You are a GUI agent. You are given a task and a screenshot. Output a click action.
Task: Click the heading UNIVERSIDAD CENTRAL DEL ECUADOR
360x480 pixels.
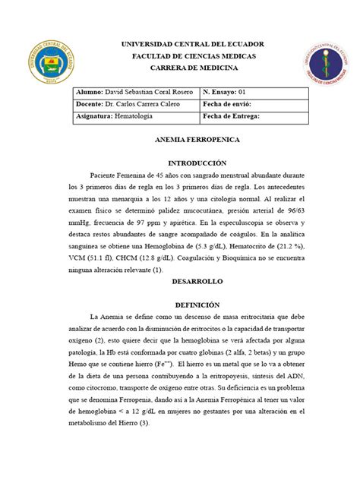(x=179, y=45)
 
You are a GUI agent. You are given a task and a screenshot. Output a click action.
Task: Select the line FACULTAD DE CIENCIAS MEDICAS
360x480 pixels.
(x=179, y=57)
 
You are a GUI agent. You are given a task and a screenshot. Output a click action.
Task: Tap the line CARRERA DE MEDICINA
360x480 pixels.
(x=179, y=69)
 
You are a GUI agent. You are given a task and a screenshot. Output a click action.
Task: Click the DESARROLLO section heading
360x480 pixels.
(x=179, y=281)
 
